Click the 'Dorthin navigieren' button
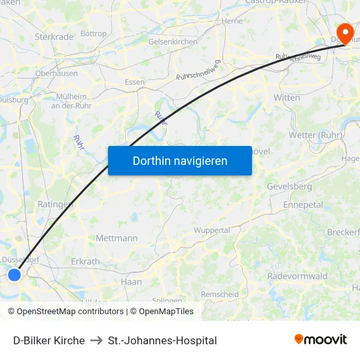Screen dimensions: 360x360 180,160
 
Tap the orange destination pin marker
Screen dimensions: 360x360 344,31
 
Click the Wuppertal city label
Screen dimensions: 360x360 211,230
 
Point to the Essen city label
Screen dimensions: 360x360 135,82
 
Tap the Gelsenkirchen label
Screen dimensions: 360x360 173,41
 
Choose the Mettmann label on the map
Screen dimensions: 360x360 117,238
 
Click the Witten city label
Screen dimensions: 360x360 287,98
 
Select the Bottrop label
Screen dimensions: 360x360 93,33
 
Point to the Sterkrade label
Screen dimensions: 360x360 54,37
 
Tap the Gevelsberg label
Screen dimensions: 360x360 289,187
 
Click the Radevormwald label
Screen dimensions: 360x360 297,276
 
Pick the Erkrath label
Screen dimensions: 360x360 85,261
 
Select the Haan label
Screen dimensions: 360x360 131,282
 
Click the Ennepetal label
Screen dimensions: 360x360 303,204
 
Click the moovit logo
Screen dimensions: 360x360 321,339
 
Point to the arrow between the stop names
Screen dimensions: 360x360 96,340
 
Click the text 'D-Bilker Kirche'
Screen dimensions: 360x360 49,340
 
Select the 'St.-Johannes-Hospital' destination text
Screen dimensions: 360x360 162,340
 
